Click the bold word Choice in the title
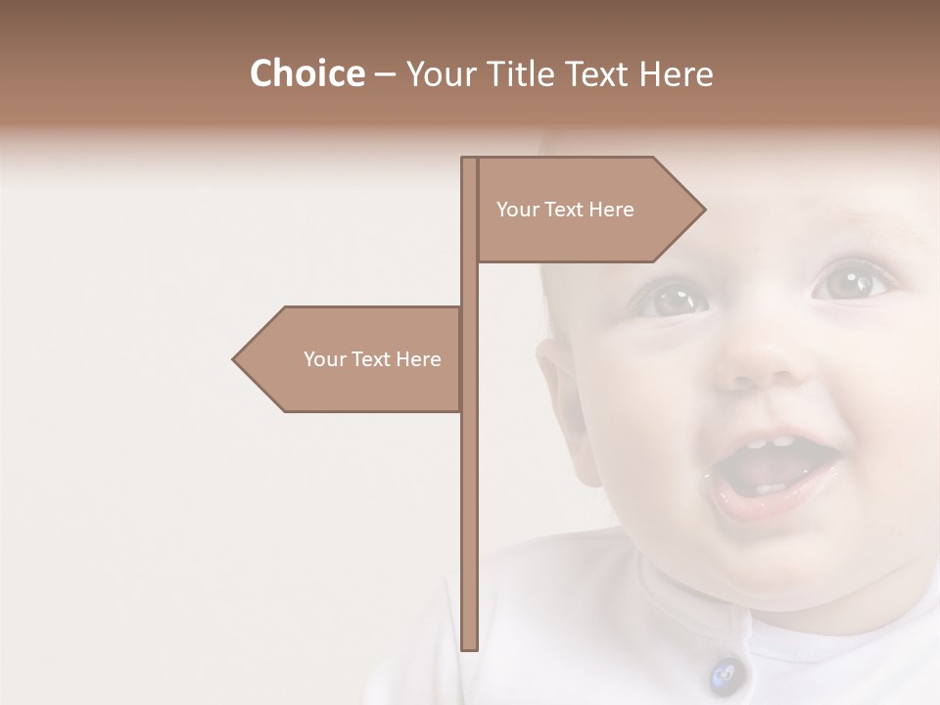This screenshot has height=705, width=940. pos(306,73)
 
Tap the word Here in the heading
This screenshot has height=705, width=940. pos(676,73)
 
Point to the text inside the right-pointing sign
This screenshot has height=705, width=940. pos(565,210)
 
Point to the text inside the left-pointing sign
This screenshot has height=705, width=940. pos(372,359)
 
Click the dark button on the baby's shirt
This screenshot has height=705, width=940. pos(724,674)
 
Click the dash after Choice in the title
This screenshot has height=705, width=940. pos(385,75)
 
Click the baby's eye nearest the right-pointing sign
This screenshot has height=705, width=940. pos(674,299)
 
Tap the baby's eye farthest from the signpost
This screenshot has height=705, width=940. pos(847,282)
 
